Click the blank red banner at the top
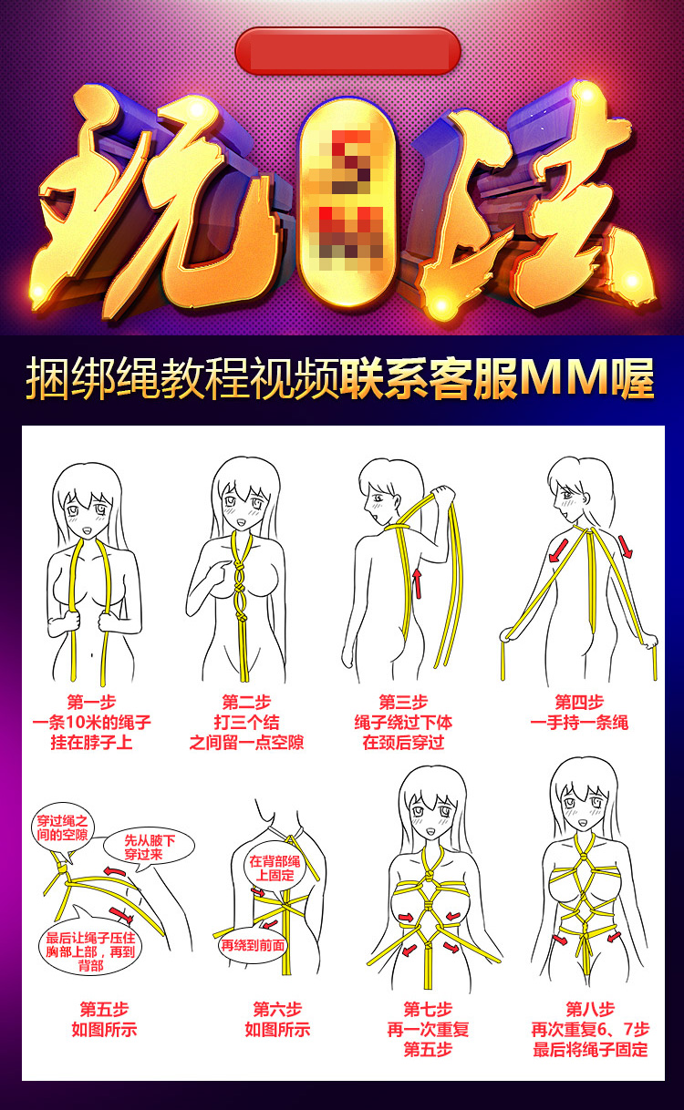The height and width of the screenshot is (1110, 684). [347, 50]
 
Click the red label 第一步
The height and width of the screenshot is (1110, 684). [91, 702]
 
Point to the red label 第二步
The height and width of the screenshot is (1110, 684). [246, 702]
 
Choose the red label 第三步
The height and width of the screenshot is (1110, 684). [403, 702]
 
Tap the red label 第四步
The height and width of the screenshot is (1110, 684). [579, 702]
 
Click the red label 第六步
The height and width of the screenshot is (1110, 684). [277, 1009]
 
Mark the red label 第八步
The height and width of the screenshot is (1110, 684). [590, 1009]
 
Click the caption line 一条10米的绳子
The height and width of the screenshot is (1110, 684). [91, 722]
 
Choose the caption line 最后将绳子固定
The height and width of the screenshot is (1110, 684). [590, 1049]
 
